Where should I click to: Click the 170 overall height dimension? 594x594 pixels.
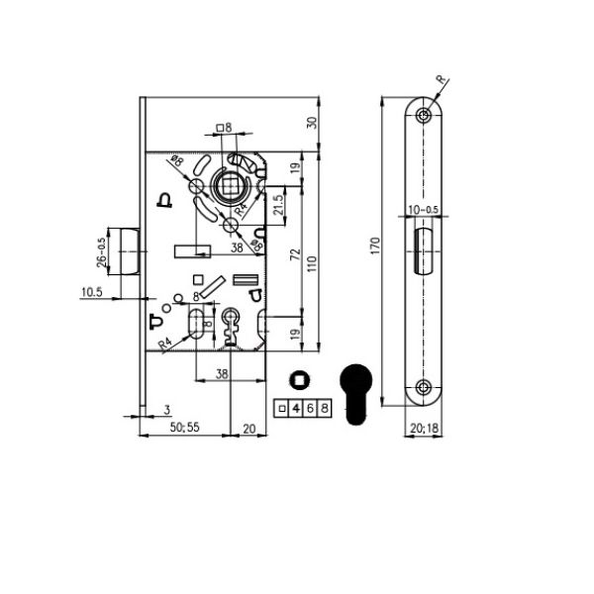click(375, 246)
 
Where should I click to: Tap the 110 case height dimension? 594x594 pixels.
click(312, 263)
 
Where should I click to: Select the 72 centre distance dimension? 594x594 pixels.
click(295, 254)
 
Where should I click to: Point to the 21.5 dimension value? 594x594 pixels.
click(279, 205)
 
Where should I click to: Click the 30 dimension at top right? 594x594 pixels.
click(312, 123)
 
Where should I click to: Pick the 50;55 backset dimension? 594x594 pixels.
click(184, 427)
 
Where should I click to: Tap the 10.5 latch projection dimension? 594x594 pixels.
click(92, 292)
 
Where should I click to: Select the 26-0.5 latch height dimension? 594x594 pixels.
click(102, 252)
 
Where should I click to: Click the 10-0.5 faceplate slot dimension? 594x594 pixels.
click(423, 210)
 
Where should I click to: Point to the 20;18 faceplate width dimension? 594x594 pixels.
click(425, 428)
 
